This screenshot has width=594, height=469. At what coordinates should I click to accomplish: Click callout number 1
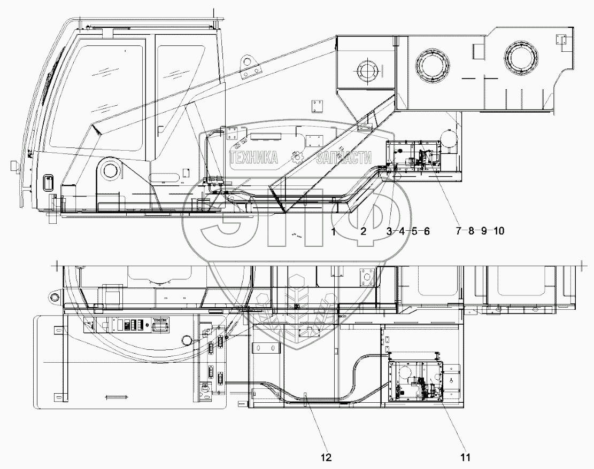click(x=333, y=231)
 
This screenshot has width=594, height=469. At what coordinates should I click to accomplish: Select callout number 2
click(x=363, y=231)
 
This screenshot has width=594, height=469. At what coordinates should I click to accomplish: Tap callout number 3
click(x=389, y=231)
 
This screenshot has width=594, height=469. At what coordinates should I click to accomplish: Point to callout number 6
click(x=427, y=231)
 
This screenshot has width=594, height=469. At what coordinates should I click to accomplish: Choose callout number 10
click(x=498, y=231)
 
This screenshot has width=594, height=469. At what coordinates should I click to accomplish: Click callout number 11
click(x=466, y=457)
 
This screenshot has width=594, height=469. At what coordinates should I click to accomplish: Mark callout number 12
click(x=326, y=457)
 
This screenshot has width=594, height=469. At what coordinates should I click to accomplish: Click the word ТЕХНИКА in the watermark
click(x=254, y=157)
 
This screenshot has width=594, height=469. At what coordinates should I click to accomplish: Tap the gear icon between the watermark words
click(x=297, y=157)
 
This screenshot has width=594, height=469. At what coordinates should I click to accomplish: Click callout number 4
click(x=402, y=231)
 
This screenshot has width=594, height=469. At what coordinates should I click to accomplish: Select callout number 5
click(x=414, y=231)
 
